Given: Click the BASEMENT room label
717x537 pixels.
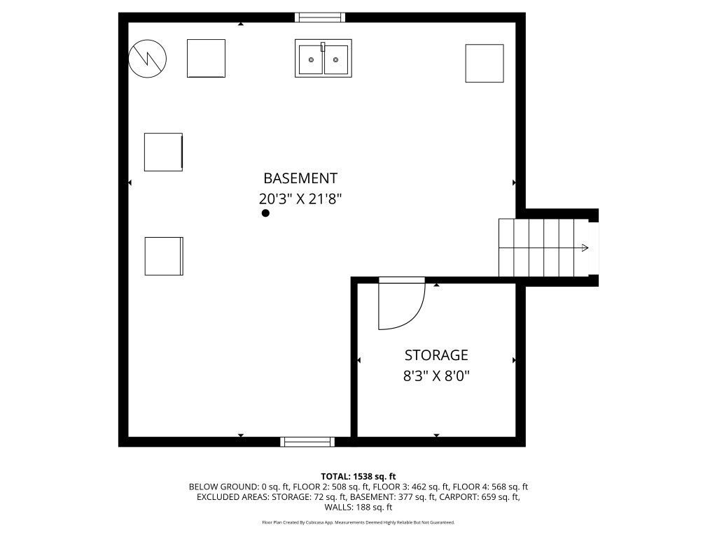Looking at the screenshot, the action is point(300,178).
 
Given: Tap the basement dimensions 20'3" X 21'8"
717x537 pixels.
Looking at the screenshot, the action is point(300,199).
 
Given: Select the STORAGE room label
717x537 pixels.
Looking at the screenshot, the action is point(436,355).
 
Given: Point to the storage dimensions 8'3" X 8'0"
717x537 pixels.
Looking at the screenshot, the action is point(436,376).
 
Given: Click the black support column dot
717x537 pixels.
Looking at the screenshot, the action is point(265,213).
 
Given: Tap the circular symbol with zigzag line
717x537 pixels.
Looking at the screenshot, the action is point(147,59).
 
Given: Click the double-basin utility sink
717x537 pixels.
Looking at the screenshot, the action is point(323,58).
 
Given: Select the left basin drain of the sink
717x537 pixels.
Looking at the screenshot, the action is point(312,60).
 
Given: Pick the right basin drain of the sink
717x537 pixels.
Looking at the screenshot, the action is point(335,60).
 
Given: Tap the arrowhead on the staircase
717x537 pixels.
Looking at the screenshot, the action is point(585,248).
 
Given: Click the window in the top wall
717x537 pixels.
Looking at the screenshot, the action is point(319,17).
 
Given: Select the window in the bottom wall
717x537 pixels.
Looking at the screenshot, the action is point(307,442).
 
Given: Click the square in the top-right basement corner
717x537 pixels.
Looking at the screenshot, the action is point(485,64).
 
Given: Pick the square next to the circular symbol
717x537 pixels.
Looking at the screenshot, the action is point(207,59).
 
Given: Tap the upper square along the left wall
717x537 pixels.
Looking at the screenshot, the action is point(164,152).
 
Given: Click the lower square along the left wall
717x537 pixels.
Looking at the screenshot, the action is point(164,256).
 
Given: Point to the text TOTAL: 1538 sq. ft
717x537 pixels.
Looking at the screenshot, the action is point(358,477).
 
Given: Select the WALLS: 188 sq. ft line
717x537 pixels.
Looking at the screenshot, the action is point(358,507).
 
